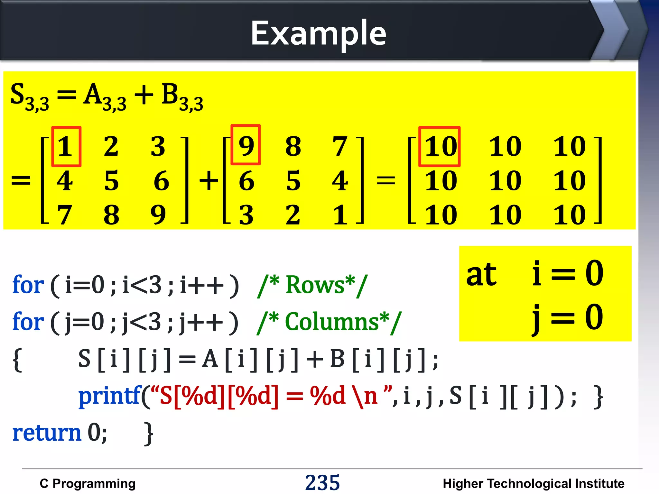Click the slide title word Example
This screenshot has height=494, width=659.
point(318,33)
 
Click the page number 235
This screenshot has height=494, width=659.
point(322,482)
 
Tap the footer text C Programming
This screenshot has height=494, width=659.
point(88,483)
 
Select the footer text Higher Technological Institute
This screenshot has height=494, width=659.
point(533,483)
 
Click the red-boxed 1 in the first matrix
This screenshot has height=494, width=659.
point(66,147)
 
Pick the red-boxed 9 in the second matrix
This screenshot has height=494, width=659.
point(246,145)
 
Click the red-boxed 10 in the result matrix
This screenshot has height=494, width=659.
point(440,147)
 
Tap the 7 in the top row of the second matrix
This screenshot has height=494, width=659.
point(340,147)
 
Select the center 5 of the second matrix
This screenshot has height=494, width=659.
point(293,181)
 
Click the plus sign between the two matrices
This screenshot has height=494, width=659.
point(209,180)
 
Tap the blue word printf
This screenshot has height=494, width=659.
point(109,396)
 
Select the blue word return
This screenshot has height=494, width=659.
point(47,433)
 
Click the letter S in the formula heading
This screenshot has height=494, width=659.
point(18,94)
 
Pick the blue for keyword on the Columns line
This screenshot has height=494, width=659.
point(28,322)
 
